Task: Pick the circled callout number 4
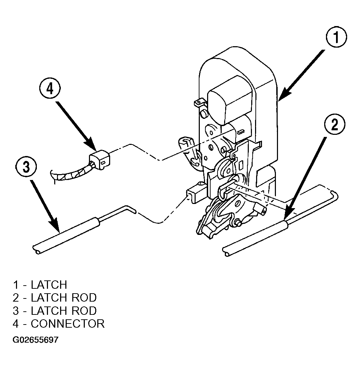pyautogui.click(x=50, y=89)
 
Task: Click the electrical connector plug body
pyautogui.click(x=99, y=160)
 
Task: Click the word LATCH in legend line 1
pyautogui.click(x=49, y=285)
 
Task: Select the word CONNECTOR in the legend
pyautogui.click(x=68, y=323)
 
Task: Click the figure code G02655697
pyautogui.click(x=35, y=340)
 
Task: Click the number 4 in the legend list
pyautogui.click(x=16, y=323)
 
